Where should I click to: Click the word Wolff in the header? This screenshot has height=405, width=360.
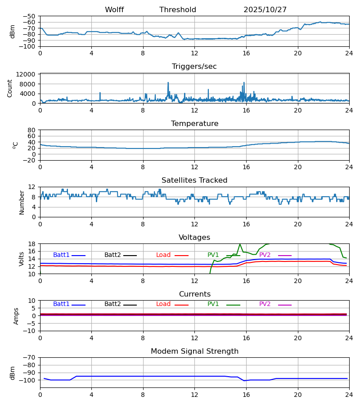click(114, 10)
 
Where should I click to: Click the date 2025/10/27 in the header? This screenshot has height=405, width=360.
click(265, 10)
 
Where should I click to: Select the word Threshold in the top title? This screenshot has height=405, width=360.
click(178, 10)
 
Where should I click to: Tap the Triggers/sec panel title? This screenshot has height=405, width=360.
click(194, 67)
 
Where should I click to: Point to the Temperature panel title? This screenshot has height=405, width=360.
click(194, 124)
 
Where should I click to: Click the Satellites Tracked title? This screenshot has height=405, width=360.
click(194, 180)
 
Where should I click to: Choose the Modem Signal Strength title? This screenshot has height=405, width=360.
click(194, 351)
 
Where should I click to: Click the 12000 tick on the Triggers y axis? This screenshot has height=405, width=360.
click(28, 74)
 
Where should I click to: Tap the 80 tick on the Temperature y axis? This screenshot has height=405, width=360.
click(32, 130)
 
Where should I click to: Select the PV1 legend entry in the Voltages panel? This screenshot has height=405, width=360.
click(213, 255)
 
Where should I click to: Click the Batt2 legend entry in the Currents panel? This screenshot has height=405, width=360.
click(112, 304)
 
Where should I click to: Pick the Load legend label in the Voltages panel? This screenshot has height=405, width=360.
click(163, 255)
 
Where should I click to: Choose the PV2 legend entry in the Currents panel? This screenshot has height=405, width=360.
click(265, 304)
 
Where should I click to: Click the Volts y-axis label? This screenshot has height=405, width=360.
click(21, 259)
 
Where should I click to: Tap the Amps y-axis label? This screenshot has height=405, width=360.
click(17, 316)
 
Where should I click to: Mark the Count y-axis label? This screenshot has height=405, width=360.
click(10, 88)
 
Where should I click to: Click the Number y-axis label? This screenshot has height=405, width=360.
click(22, 202)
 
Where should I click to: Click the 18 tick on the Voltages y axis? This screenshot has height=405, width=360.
click(32, 244)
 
